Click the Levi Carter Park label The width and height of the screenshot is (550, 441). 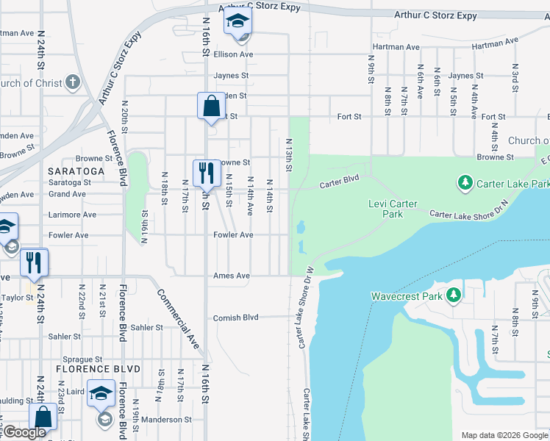[393, 209]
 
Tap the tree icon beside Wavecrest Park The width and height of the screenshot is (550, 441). [454, 295]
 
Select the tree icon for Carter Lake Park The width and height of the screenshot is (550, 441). [465, 182]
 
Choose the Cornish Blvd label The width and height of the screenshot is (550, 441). [236, 318]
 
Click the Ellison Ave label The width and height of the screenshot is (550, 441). [233, 54]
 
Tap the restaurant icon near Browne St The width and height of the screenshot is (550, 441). [206, 173]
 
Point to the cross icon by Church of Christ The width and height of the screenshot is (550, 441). [72, 82]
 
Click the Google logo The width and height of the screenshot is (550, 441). [24, 432]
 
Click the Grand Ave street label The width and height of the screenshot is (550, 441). [68, 194]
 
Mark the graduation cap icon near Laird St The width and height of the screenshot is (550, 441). [101, 392]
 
